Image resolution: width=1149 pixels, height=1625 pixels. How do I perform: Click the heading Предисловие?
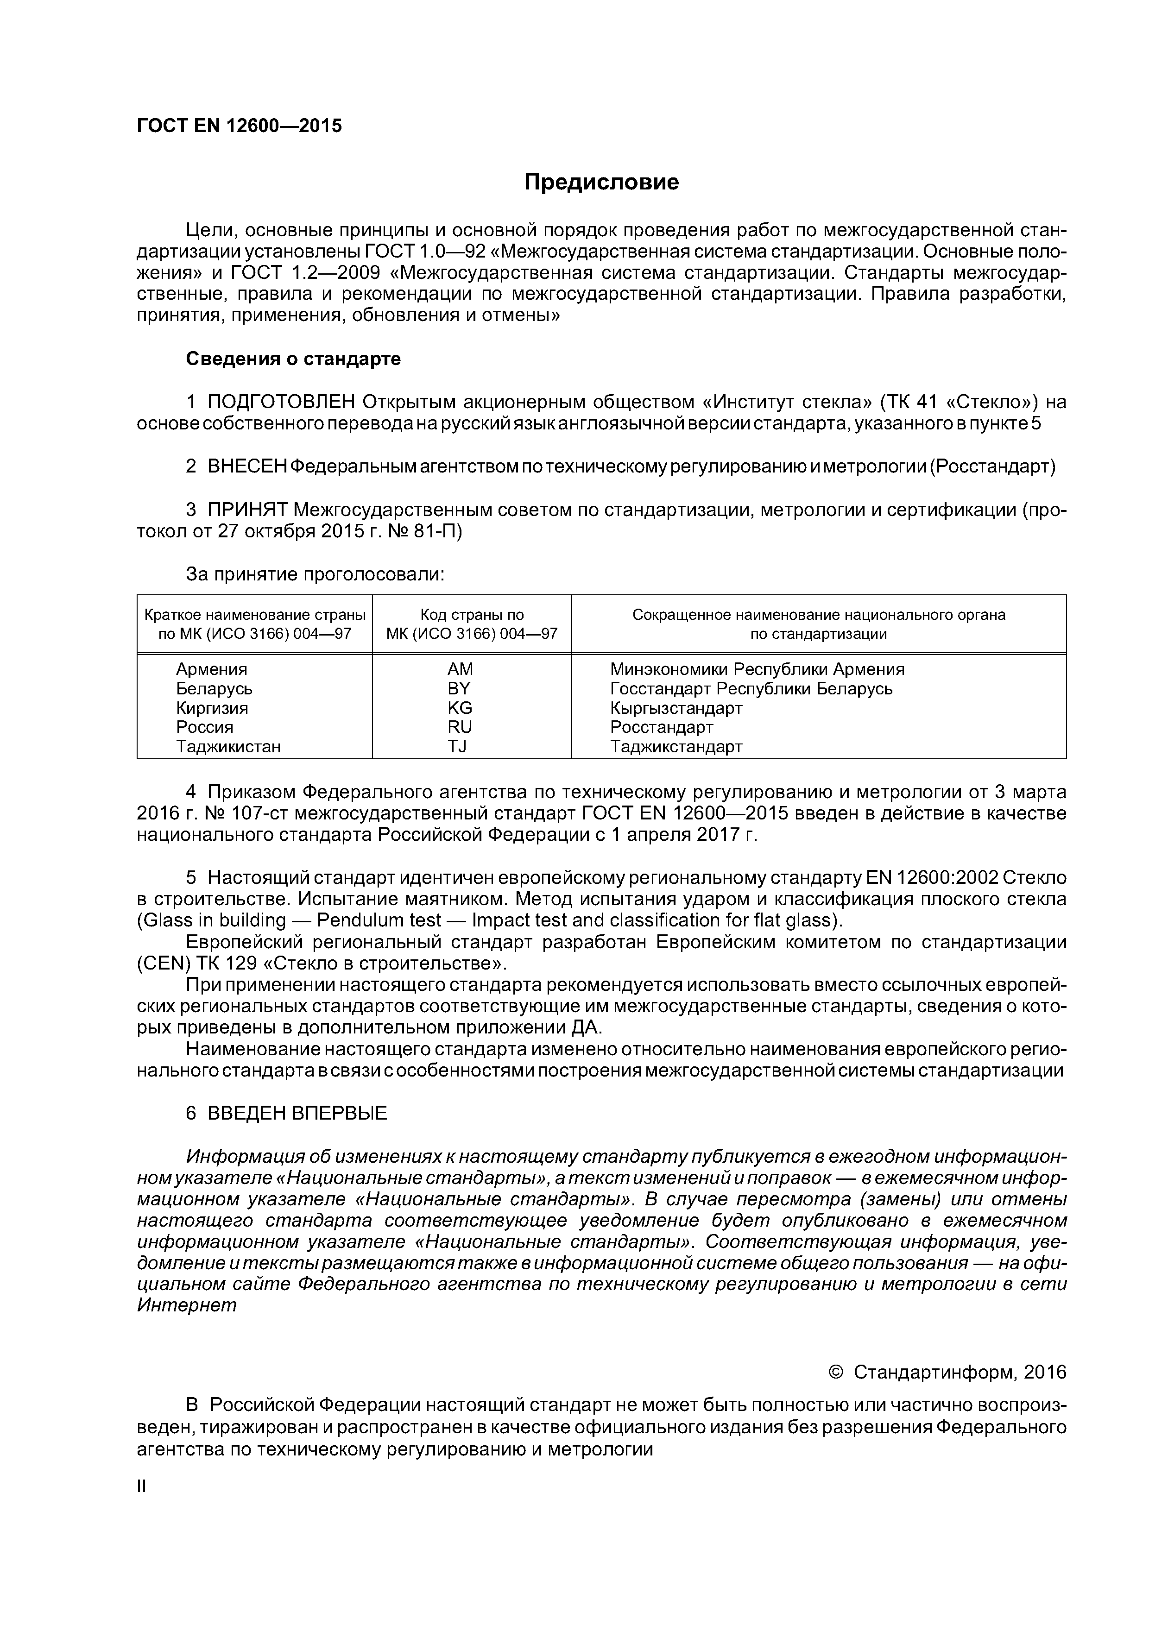[x=601, y=183]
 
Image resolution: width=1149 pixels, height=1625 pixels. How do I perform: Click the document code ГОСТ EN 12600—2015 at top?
[x=239, y=126]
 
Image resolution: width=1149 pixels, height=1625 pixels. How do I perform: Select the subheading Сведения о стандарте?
[x=293, y=359]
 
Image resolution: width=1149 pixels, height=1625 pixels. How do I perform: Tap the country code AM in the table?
[x=460, y=669]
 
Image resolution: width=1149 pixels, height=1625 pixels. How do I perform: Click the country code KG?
[x=460, y=708]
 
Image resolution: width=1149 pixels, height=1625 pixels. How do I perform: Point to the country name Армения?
[x=212, y=669]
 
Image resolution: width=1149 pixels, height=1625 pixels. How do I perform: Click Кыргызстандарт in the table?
[x=676, y=708]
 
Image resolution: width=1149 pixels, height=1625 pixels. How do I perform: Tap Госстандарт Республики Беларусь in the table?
[x=751, y=688]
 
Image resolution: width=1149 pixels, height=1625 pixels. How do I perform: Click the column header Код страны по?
[x=472, y=614]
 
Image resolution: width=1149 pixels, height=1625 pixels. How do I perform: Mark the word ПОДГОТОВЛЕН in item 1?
[x=281, y=402]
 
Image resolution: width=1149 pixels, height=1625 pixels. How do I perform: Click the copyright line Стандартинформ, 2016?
[x=959, y=1373]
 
